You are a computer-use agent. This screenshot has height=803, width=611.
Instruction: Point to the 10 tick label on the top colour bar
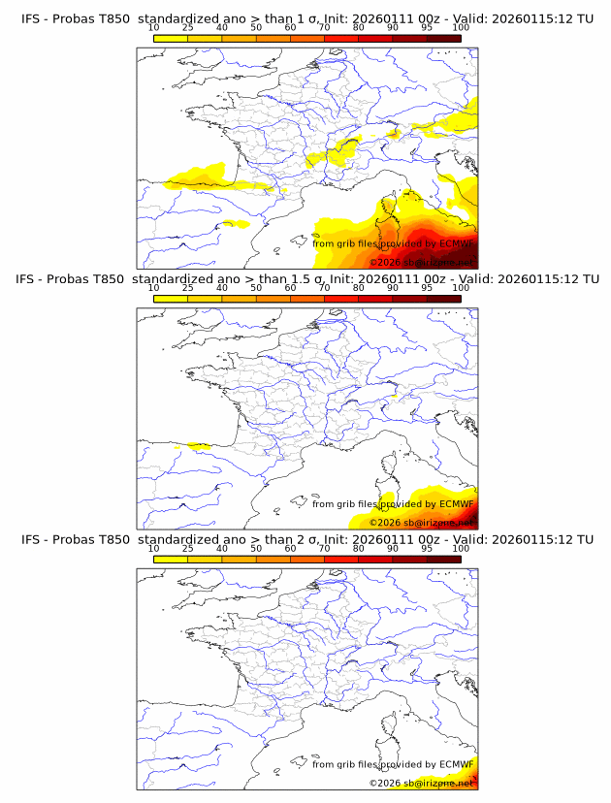pyautogui.click(x=153, y=28)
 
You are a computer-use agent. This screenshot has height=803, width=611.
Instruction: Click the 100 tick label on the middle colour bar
pyautogui.click(x=461, y=288)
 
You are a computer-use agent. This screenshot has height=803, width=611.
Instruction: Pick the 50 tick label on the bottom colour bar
pyautogui.click(x=256, y=548)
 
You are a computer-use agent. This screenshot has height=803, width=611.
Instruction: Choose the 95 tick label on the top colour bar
pyautogui.click(x=427, y=28)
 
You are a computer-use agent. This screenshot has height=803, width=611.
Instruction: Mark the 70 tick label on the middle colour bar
pyautogui.click(x=324, y=288)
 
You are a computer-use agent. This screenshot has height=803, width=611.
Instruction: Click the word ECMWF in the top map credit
pyautogui.click(x=456, y=244)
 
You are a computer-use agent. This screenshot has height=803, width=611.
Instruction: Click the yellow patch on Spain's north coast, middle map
pyautogui.click(x=201, y=446)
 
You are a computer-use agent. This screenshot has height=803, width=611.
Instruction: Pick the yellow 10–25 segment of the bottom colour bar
pyautogui.click(x=171, y=558)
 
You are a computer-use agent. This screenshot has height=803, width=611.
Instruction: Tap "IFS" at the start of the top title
pyautogui.click(x=31, y=19)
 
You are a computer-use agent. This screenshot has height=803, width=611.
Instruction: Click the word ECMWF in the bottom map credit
pyautogui.click(x=456, y=764)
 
